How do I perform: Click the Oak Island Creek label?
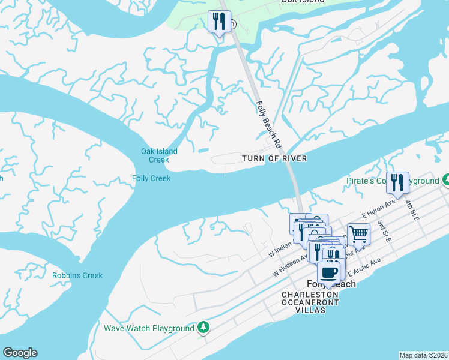(x=155, y=155)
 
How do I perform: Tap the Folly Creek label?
(x=151, y=178)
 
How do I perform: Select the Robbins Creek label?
(x=77, y=276)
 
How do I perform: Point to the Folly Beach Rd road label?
(x=269, y=125)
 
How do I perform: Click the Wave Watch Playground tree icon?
(x=204, y=328)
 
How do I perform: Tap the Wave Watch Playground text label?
(x=149, y=328)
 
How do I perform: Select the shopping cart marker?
(x=358, y=234)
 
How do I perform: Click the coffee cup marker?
(x=328, y=272)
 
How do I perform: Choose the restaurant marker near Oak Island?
(x=218, y=22)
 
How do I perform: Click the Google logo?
(x=20, y=353)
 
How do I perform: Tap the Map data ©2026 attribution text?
(x=423, y=355)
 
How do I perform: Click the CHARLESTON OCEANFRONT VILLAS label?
(x=311, y=298)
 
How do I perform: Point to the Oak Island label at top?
(x=298, y=2)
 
